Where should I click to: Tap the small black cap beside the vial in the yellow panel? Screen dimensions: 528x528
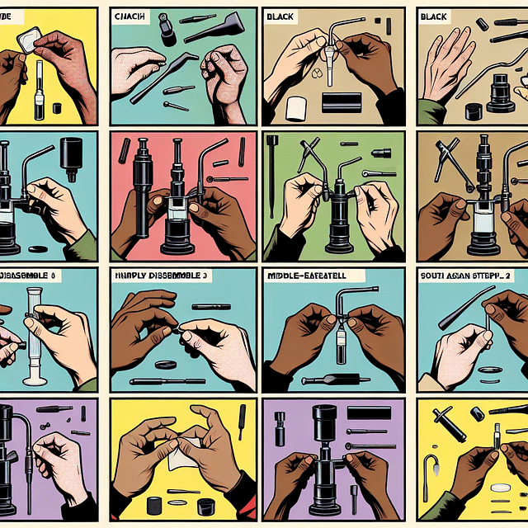pos(56,107)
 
